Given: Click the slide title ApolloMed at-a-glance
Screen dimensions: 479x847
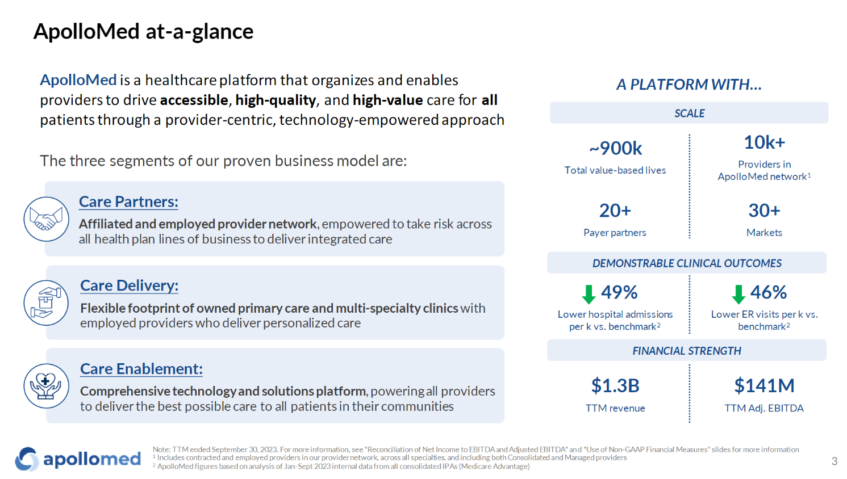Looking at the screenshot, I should (x=143, y=31).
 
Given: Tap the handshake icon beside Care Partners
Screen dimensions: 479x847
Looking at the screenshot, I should (x=46, y=219).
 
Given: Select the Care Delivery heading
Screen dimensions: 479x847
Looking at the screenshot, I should (x=129, y=285).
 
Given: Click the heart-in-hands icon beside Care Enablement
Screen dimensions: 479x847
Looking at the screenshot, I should (x=46, y=386).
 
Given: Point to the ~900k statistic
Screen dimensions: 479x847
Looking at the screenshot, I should (x=615, y=148).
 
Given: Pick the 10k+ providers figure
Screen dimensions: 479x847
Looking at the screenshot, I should (x=764, y=142).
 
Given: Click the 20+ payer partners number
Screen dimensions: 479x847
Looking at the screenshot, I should (x=615, y=211).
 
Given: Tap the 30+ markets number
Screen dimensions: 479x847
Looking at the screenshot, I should (x=764, y=211).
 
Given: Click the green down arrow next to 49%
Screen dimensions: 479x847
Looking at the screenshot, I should (x=589, y=294).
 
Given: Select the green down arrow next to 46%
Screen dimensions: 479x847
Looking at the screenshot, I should (x=738, y=294).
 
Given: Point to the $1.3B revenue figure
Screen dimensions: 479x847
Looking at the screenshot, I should (x=615, y=386).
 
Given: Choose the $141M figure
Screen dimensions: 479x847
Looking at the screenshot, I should (x=764, y=386).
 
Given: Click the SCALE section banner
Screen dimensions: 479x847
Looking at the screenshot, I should (x=689, y=113).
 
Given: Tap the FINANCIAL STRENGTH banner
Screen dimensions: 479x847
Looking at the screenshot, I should (x=687, y=351).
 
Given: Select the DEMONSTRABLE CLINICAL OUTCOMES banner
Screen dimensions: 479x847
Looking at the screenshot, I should (x=687, y=263).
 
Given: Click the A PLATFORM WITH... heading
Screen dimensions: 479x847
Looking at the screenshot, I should (x=689, y=85).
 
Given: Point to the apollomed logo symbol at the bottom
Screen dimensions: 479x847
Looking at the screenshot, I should (x=27, y=459).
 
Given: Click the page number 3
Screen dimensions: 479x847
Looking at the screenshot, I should (x=834, y=461).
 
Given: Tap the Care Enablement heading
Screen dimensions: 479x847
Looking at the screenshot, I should (x=141, y=369).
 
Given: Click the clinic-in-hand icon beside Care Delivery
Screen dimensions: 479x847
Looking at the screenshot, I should (x=46, y=302).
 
